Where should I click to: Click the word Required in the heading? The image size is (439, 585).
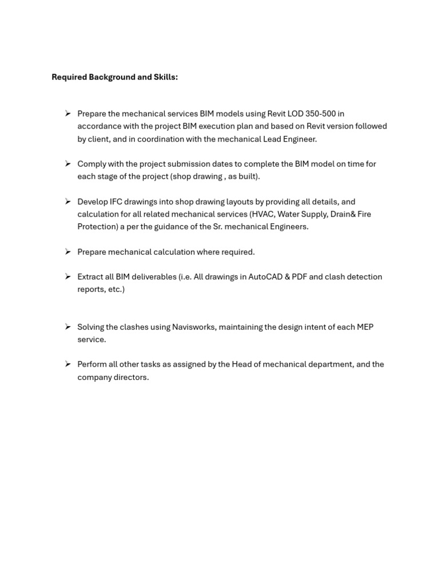point(69,77)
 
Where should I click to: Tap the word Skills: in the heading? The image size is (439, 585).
point(166,77)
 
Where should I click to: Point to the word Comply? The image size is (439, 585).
point(92,164)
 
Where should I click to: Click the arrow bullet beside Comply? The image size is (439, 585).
point(67,163)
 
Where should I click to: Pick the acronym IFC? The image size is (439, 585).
point(116,202)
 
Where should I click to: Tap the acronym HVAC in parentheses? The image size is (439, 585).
point(262,214)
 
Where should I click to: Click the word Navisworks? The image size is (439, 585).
point(194,327)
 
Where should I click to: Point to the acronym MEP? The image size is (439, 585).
point(365,327)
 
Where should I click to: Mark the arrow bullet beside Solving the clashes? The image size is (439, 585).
point(67,327)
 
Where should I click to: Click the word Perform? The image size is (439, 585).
point(92,364)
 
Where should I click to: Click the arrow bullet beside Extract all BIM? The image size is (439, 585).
point(67,277)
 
